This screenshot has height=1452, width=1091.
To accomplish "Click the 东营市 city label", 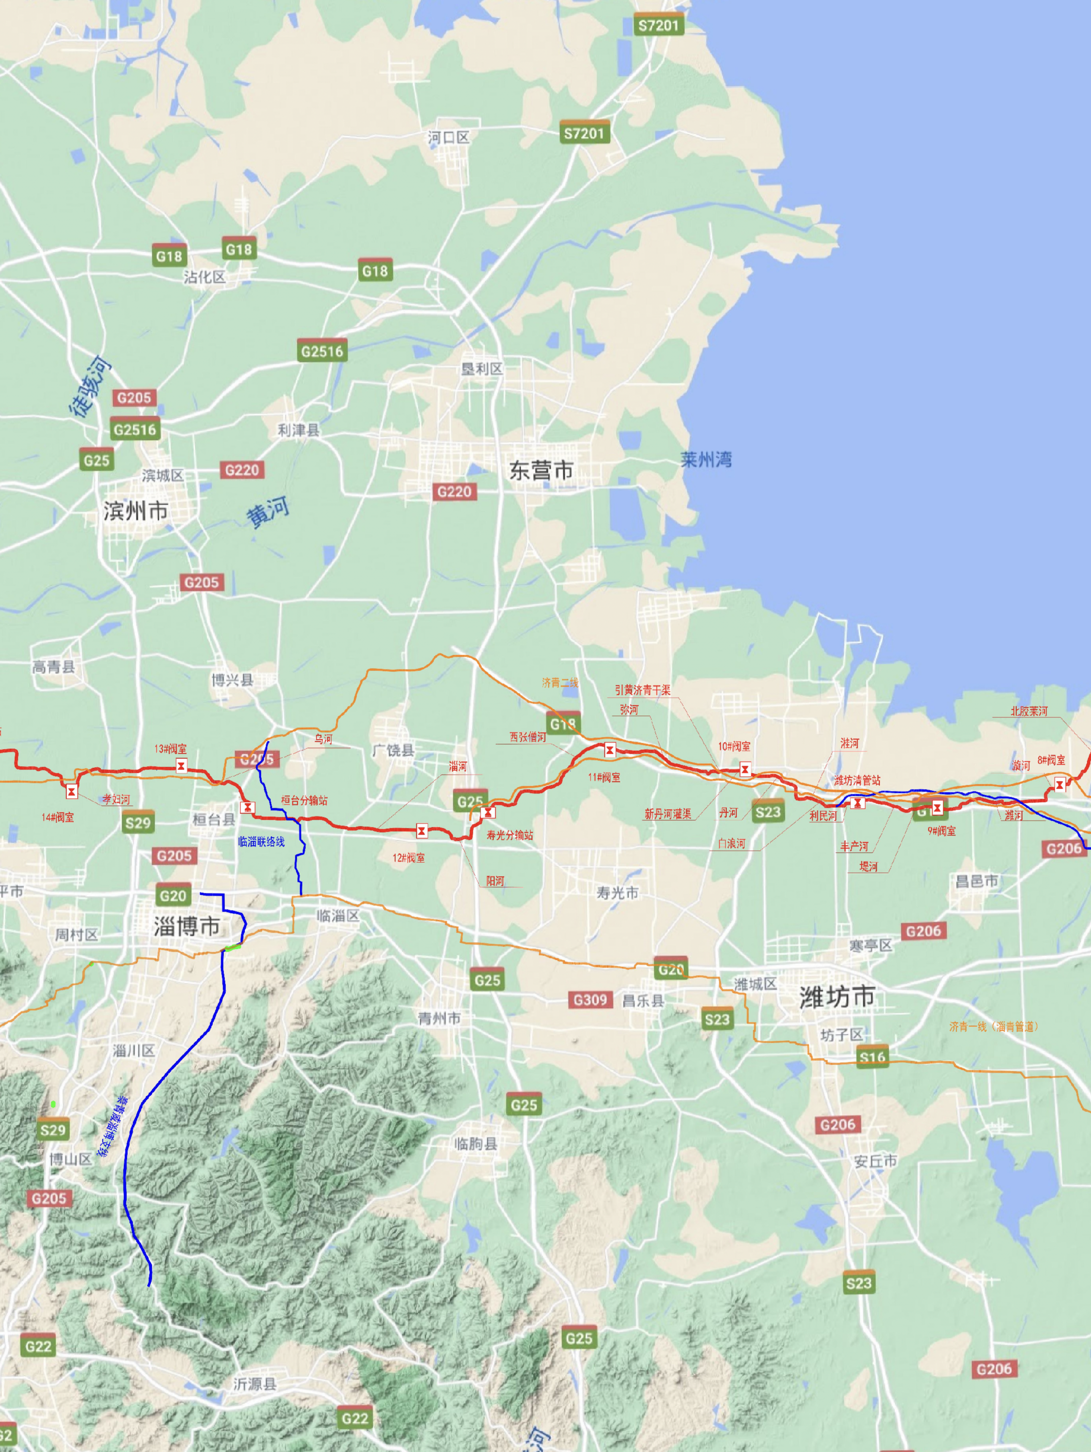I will (x=541, y=470).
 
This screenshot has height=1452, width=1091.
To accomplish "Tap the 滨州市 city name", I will (x=135, y=511).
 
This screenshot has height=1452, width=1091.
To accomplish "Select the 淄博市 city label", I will (x=187, y=926).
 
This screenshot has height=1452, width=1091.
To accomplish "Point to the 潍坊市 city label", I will (x=837, y=996).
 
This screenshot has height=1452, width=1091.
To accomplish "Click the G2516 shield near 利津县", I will (x=322, y=351).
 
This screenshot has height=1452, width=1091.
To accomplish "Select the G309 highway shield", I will (x=590, y=1000).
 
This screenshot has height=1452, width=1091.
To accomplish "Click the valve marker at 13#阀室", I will (x=181, y=765).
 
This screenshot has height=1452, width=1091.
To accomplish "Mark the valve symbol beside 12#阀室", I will (x=422, y=831).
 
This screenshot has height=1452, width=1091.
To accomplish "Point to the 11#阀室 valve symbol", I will (x=610, y=749).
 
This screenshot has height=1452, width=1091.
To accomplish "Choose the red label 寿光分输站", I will (x=510, y=835).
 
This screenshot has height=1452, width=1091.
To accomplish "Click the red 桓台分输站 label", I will (x=304, y=800).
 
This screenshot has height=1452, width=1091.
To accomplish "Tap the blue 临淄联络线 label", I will (x=261, y=842).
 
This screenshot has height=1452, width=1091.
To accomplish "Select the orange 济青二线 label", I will (x=560, y=682).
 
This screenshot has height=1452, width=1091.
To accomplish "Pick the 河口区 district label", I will (x=449, y=137).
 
